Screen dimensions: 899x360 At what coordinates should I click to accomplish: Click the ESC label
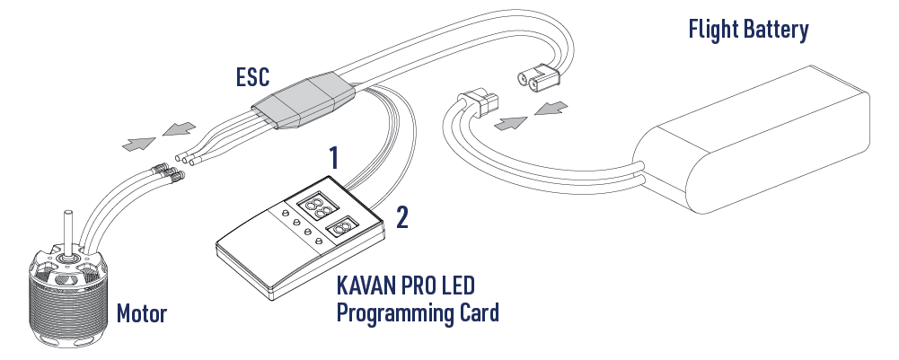tap(253, 77)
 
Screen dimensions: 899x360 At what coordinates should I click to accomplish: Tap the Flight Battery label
tap(748, 30)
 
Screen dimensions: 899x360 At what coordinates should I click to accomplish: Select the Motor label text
tap(142, 313)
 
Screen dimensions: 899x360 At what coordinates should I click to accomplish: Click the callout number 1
tap(334, 158)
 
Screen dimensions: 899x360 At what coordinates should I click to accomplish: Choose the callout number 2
tap(402, 217)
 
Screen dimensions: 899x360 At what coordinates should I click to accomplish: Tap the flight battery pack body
tap(751, 139)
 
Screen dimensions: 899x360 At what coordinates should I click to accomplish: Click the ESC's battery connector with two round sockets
tap(538, 78)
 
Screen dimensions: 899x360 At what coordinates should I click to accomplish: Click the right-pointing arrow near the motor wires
tap(138, 144)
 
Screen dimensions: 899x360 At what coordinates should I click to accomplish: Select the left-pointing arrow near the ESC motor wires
tap(179, 129)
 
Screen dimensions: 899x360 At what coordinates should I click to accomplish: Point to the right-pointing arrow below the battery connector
tap(510, 123)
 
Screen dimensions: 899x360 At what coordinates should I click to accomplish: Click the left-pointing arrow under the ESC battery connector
tap(551, 108)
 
